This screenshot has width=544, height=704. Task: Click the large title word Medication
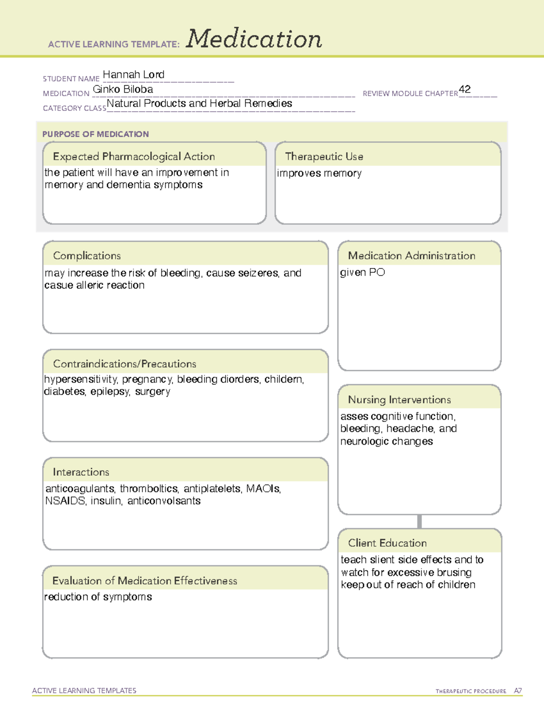tap(253, 39)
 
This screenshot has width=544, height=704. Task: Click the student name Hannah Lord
tap(133, 75)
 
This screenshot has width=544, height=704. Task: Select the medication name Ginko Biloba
tap(123, 89)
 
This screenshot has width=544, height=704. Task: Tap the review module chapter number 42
tap(465, 89)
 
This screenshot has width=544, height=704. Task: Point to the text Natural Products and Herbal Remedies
tap(199, 104)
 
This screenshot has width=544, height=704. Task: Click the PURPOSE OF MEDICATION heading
tap(95, 134)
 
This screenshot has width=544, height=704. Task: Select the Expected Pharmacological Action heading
tap(134, 156)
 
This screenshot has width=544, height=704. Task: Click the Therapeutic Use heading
tap(324, 156)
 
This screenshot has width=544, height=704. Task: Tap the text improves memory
tap(319, 173)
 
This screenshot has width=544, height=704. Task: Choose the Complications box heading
tap(87, 256)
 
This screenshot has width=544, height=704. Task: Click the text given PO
tap(362, 272)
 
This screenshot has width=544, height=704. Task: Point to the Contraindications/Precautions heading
tap(124, 364)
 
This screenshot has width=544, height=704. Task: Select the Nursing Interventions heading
tap(399, 400)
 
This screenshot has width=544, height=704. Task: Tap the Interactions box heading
tap(81, 472)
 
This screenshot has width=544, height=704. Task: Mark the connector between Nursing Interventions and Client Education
tap(419, 521)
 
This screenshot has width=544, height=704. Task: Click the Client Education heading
tap(387, 543)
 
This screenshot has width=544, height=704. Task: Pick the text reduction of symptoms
tap(98, 597)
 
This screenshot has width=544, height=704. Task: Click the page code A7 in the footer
tap(517, 691)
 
